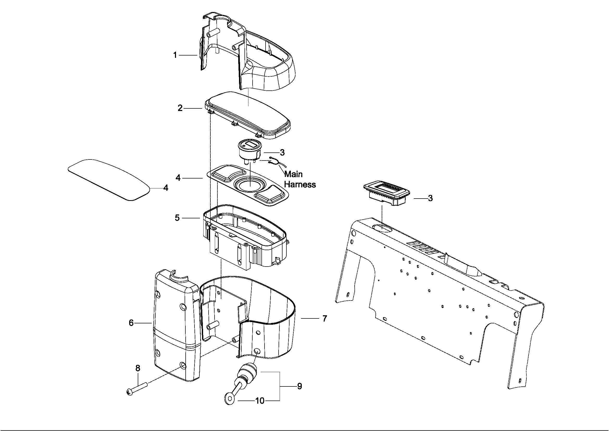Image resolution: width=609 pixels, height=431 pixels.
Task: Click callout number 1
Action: pos(175,55)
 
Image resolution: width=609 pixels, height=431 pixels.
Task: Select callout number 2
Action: pos(180,108)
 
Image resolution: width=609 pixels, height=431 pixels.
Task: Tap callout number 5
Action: pos(177,218)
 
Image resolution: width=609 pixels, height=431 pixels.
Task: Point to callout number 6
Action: pos(131,323)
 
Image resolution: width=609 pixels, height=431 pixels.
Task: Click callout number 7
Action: pos(325,318)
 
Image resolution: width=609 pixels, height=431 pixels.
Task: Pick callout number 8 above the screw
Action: pos(138,368)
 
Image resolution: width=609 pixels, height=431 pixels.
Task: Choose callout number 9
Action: pos(299,386)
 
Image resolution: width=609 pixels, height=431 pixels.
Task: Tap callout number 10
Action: pos(260,401)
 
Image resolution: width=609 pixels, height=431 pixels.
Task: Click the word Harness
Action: pos(300,184)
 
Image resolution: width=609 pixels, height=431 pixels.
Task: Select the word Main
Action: pos(293,174)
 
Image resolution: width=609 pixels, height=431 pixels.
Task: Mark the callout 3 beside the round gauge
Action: pos(282,152)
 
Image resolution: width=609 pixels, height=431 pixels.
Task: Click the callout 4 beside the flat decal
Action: pos(166,188)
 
